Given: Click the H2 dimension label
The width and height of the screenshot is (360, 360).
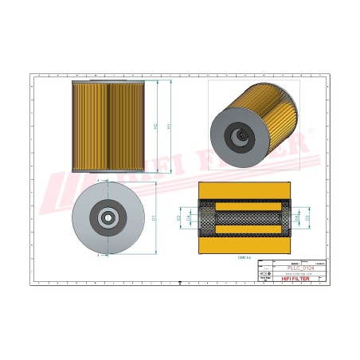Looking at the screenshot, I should pyautogui.click(x=155, y=126).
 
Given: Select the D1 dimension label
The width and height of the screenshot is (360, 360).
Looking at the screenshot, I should pyautogui.click(x=154, y=217).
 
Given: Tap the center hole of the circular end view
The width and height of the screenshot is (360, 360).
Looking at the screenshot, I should pyautogui.click(x=105, y=217).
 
